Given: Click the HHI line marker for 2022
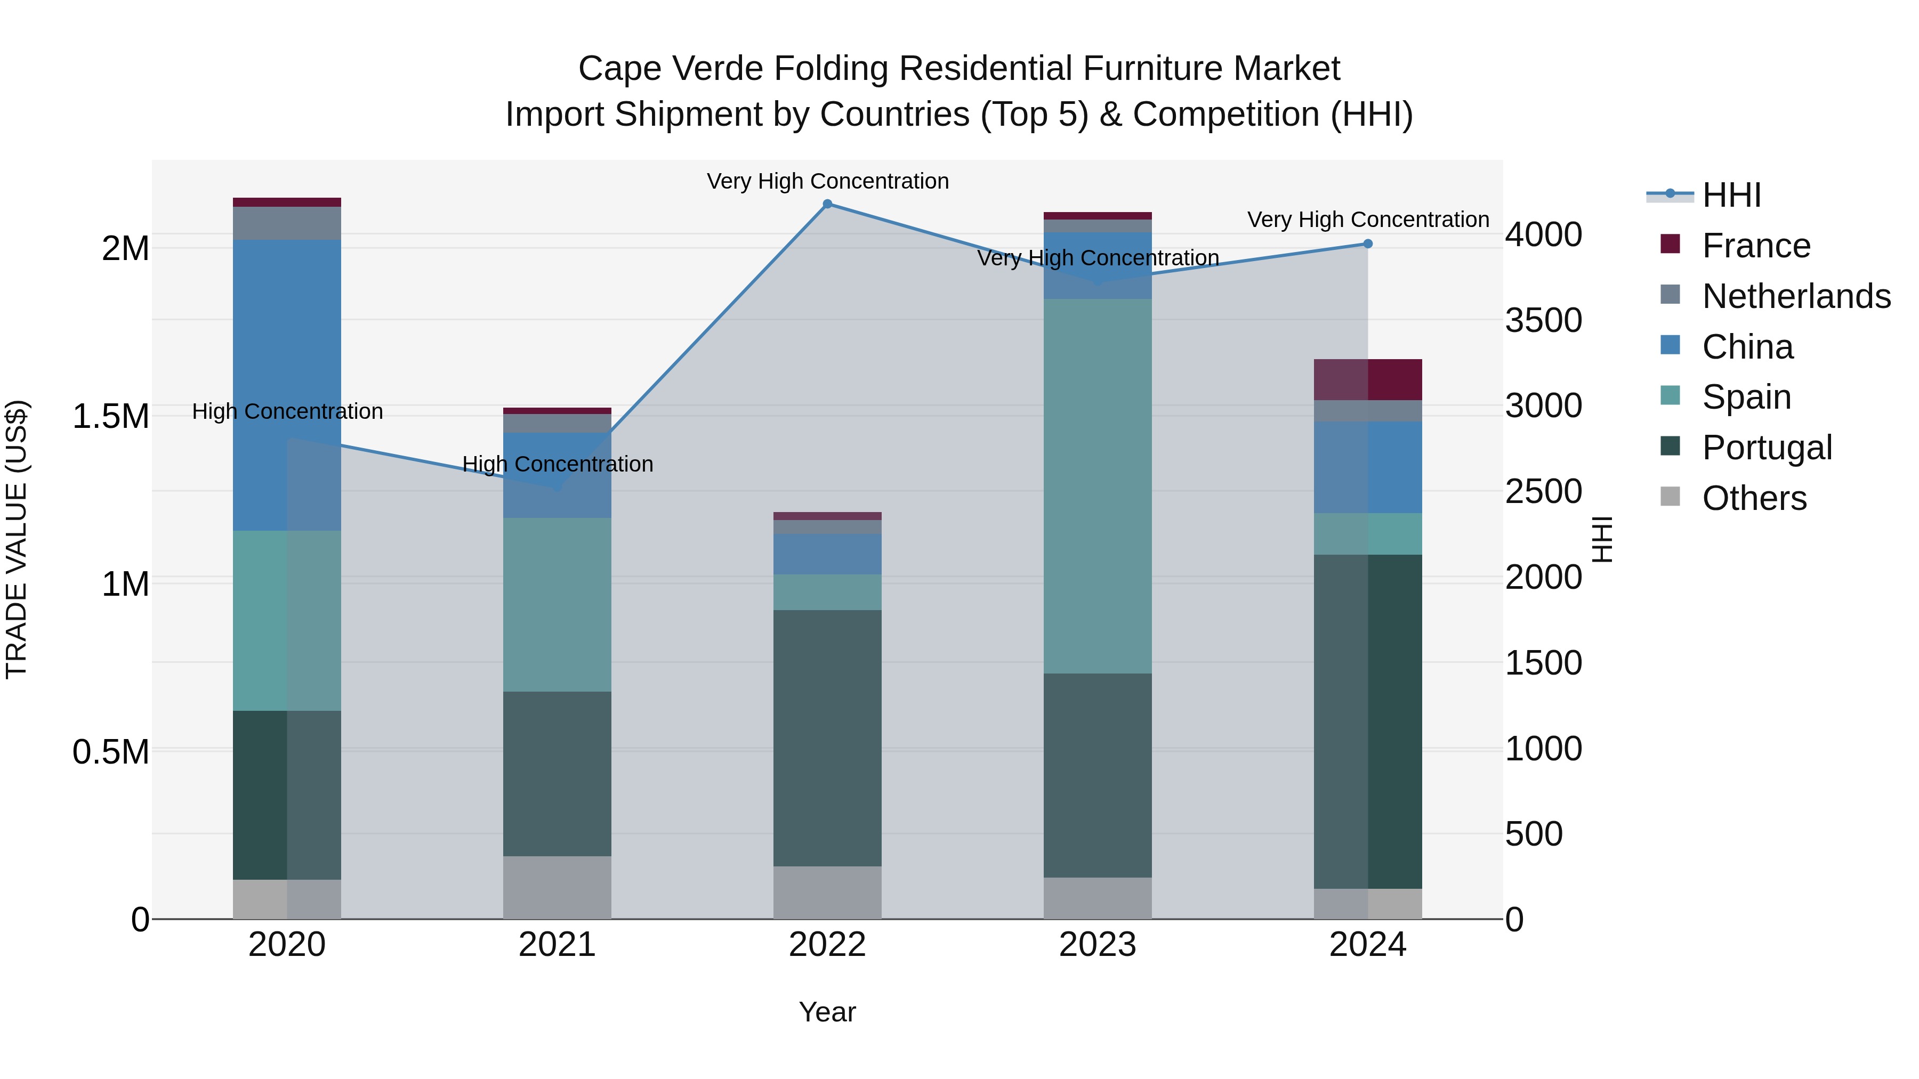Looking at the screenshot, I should [x=827, y=204].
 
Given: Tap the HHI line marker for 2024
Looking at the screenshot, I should [x=1368, y=244].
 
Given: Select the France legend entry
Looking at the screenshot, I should [x=1756, y=246].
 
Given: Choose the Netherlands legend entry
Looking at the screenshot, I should [x=1796, y=296].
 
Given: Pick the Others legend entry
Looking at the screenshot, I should [x=1754, y=498].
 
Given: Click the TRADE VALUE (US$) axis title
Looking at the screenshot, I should [x=17, y=539].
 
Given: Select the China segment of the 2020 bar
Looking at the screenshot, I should [x=287, y=385].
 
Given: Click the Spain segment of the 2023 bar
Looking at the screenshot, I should [x=1098, y=486].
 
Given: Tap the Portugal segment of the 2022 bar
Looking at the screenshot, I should [x=827, y=738].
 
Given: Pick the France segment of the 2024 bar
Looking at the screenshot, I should [x=1368, y=380].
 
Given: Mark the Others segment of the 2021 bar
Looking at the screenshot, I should [x=557, y=888].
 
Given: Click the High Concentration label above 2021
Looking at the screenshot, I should [x=557, y=464].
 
